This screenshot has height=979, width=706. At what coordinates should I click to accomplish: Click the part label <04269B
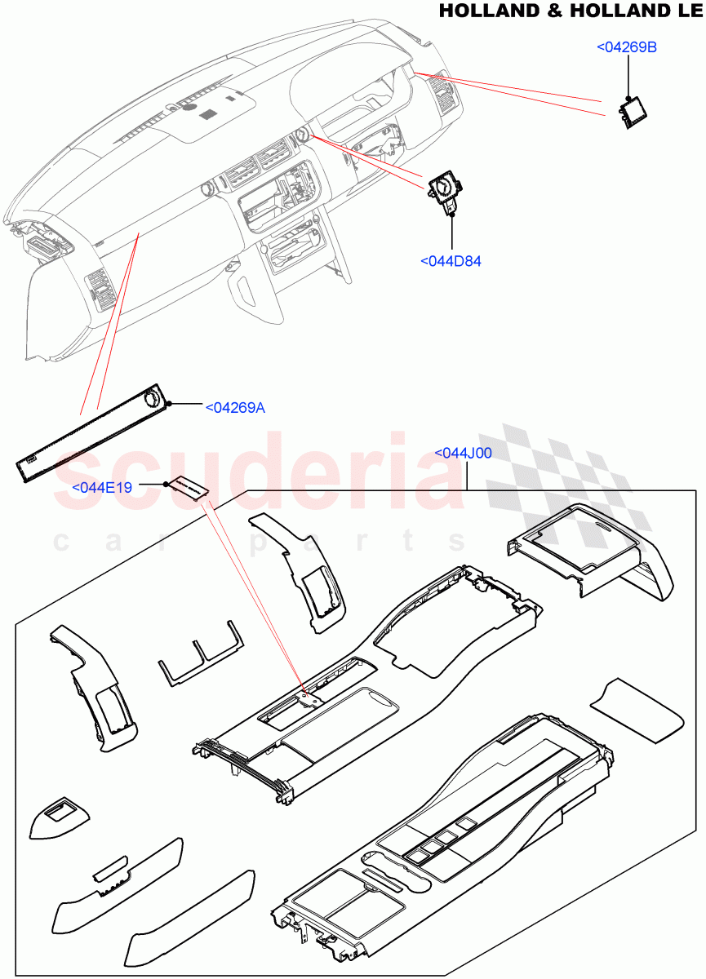[627, 47]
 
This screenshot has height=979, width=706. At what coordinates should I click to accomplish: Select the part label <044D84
[451, 261]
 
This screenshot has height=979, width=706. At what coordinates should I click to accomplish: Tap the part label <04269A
[235, 407]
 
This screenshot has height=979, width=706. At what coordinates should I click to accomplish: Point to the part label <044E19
[102, 487]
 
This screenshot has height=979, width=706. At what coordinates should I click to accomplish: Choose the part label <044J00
[463, 454]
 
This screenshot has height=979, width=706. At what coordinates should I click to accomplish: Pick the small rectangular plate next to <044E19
[189, 487]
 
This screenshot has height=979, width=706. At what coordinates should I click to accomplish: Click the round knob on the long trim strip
[153, 400]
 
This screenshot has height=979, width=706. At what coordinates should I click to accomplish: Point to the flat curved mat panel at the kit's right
[637, 709]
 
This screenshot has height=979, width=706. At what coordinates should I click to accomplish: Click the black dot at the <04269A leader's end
[167, 404]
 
